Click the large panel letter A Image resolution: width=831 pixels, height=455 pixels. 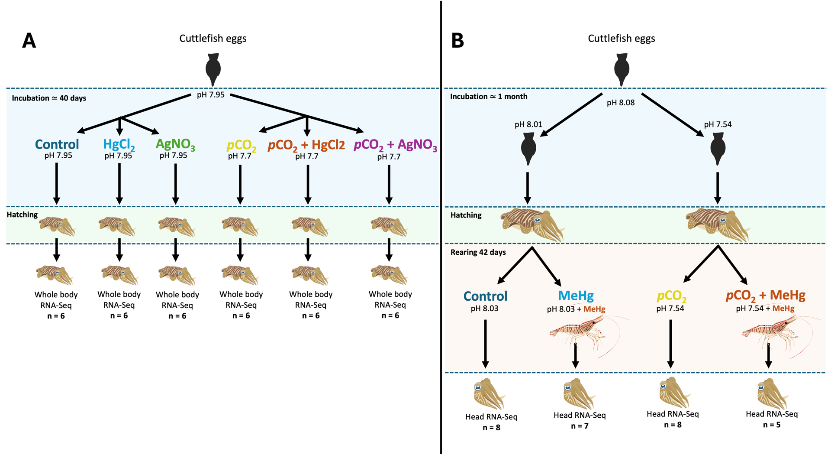pos(29,41)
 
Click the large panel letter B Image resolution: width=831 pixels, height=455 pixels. pos(457,41)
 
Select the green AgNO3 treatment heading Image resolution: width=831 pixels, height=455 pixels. pos(175,144)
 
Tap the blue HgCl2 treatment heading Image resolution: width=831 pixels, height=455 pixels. pos(119,144)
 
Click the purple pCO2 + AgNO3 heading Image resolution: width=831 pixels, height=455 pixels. pos(395,145)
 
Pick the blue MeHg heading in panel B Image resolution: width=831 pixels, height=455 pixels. pos(576,296)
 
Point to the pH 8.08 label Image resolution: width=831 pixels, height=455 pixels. pos(621,103)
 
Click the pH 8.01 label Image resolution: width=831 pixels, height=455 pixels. pos(528,124)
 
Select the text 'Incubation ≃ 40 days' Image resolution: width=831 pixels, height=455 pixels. pos(49,98)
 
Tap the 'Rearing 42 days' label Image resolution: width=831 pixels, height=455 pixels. pos(478,252)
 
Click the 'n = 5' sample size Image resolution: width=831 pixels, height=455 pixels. pos(772,425)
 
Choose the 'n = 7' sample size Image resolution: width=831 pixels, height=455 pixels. pos(580,426)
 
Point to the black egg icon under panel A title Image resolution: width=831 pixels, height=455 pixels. pos(213,69)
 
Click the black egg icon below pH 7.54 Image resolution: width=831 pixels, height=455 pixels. pos(718,149)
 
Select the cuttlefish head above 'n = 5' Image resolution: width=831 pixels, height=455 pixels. pos(772,393)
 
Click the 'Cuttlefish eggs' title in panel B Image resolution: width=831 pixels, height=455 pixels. pos(621,39)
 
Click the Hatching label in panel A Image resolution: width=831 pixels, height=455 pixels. pos(22,215)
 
